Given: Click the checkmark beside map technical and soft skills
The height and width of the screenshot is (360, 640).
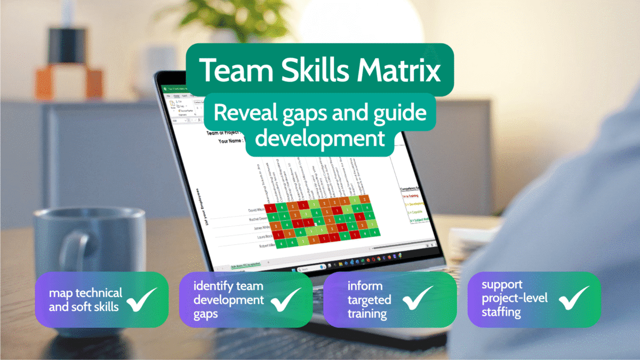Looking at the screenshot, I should point(142,299).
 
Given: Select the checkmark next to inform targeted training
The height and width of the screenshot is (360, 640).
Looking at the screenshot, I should point(418,299).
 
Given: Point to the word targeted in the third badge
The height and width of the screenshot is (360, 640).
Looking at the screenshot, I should point(362,300).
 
